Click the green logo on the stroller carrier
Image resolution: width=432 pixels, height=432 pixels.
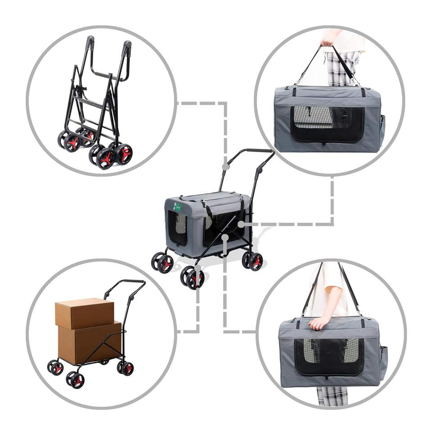(177, 207)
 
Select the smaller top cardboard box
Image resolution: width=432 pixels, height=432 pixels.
(85, 313)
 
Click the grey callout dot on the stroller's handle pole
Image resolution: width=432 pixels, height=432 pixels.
(225, 166)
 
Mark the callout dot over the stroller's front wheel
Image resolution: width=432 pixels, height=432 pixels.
(198, 268)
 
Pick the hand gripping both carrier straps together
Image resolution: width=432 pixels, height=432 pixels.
(328, 43)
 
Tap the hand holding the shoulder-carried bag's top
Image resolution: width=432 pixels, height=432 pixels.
(320, 322)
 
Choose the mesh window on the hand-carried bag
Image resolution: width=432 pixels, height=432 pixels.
(327, 124)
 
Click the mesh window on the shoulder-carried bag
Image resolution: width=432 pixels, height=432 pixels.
(329, 356)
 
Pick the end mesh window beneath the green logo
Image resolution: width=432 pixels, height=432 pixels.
(177, 227)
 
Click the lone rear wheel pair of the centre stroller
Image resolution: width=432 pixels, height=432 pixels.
(252, 261)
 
